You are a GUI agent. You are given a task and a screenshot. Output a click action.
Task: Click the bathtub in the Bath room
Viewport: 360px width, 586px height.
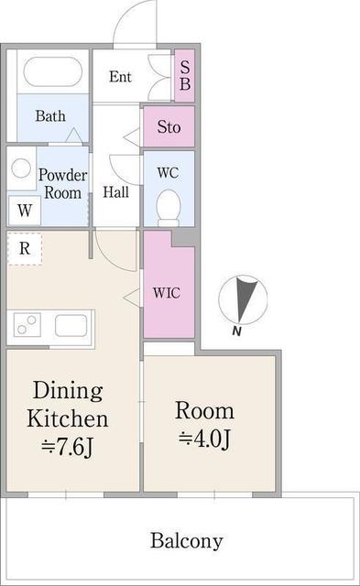pyautogui.click(x=52, y=71)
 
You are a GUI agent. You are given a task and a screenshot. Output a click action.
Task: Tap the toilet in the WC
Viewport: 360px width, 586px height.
pyautogui.click(x=169, y=208)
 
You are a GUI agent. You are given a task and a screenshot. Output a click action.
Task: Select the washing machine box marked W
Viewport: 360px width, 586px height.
pyautogui.click(x=25, y=211)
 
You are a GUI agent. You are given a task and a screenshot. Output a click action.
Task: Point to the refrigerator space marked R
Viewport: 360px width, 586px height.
pyautogui.click(x=25, y=248)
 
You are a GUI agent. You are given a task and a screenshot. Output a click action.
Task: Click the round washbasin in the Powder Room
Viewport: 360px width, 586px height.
pyautogui.click(x=21, y=168)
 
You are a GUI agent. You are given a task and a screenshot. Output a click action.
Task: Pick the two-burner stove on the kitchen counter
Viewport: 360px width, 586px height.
pyautogui.click(x=27, y=324)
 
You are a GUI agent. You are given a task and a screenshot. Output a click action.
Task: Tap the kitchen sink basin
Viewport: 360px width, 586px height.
pyautogui.click(x=71, y=325)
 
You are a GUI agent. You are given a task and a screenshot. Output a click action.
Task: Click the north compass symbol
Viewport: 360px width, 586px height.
pyautogui.click(x=243, y=299)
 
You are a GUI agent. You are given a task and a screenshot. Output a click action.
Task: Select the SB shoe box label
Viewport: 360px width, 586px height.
pyautogui.click(x=185, y=75)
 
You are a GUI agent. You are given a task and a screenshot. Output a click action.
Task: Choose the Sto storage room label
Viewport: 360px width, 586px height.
pyautogui.click(x=169, y=127)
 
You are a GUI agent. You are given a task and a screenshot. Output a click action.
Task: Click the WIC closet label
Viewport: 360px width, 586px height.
pyautogui.click(x=167, y=293)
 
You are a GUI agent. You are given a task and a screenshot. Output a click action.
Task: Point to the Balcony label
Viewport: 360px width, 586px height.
pyautogui.click(x=187, y=541)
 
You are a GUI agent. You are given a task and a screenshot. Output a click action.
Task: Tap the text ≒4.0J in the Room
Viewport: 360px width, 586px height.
pyautogui.click(x=204, y=439)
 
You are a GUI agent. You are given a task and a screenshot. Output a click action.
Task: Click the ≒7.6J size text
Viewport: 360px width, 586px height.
pyautogui.click(x=67, y=447)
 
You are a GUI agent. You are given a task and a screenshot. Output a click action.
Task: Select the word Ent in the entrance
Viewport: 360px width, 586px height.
pyautogui.click(x=120, y=77)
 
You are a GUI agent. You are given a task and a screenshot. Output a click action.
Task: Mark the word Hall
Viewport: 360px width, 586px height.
pyautogui.click(x=116, y=192)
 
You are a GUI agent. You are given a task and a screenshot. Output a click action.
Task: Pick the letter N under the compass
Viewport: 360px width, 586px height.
pyautogui.click(x=236, y=331)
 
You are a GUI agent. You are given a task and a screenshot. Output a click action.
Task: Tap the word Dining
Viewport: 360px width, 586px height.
pyautogui.click(x=68, y=391)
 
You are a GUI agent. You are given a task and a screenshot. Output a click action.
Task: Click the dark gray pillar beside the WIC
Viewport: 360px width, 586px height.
pyautogui.click(x=184, y=238)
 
